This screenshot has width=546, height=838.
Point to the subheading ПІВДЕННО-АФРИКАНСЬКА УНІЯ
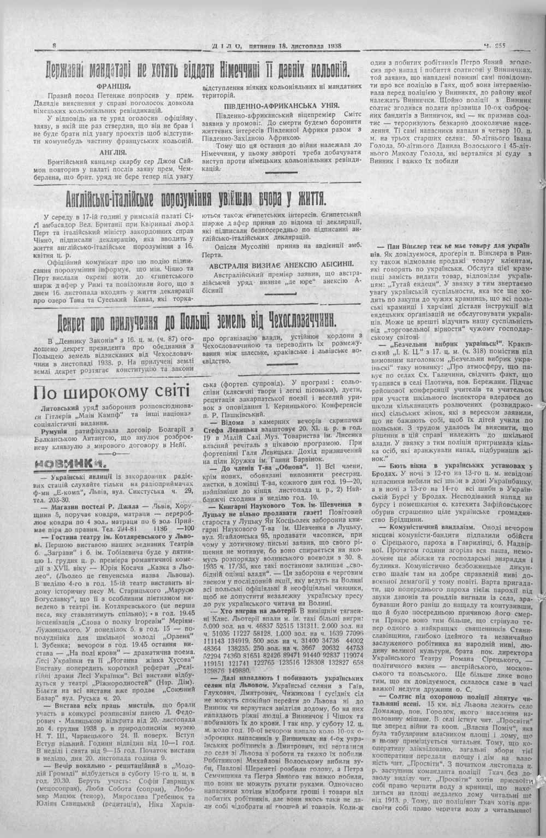(282, 105)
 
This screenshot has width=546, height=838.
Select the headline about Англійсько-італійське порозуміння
(194, 197)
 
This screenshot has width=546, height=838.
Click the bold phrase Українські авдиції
(82, 477)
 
